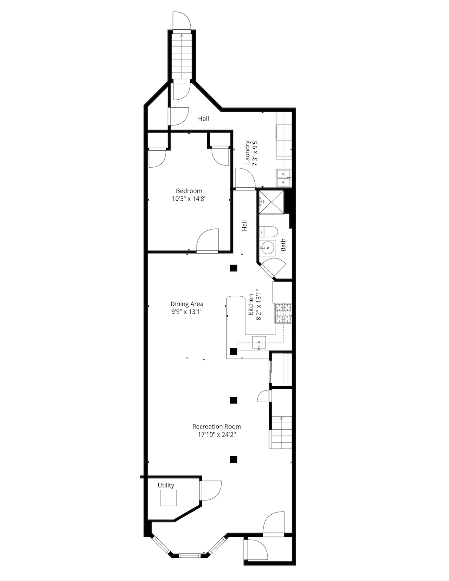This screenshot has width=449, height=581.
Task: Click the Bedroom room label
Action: coord(189,191)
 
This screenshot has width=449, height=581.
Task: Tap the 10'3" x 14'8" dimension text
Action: coord(189,199)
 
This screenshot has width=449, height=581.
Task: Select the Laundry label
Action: coord(248,153)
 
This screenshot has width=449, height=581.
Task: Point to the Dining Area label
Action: coord(187,304)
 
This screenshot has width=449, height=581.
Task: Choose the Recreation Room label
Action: coord(216,427)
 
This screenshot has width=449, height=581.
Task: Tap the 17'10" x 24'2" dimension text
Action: coord(216,435)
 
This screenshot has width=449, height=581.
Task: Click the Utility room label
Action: coord(166,485)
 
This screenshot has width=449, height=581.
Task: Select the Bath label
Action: coord(283,245)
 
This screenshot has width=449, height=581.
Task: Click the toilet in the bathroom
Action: coord(269,231)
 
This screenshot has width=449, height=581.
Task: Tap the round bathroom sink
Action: coord(268,247)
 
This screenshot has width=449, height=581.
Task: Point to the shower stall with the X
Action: coord(271,202)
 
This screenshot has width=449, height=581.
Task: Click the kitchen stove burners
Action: coord(283,313)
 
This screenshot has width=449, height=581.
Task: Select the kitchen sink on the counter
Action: coord(259,342)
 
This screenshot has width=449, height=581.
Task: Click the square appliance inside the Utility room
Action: coord(168,498)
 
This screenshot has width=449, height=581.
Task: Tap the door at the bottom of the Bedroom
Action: coord(208,242)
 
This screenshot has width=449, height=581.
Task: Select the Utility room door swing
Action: coord(211,491)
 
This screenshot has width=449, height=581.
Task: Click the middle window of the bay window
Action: coord(189,555)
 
